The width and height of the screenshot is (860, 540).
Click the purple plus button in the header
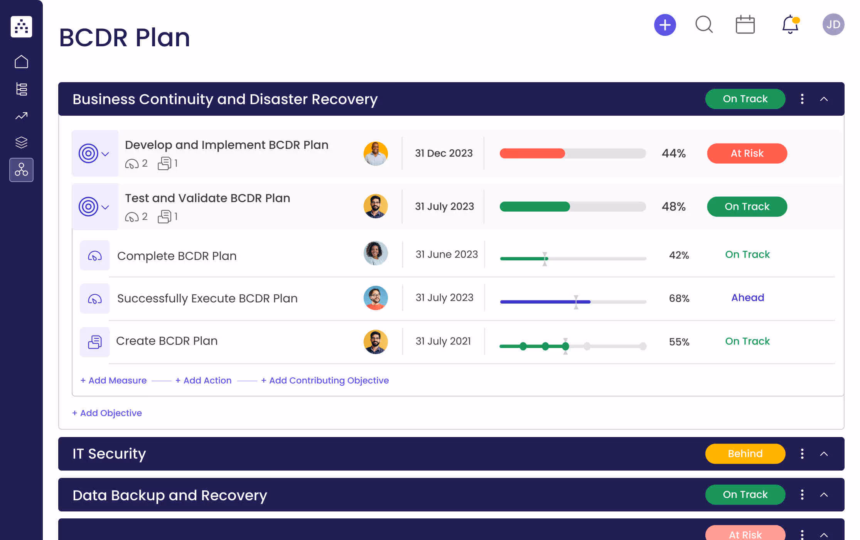pos(665,25)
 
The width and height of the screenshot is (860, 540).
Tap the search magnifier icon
pos(704,25)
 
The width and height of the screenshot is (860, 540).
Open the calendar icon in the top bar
pos(745,25)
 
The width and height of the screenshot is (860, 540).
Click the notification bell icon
pos(790,25)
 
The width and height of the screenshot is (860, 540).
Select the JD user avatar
pos(833,25)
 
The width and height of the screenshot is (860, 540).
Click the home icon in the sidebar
pos(21,62)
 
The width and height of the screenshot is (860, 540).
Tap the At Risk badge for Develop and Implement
pos(747,154)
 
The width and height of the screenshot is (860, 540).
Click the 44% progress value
pos(673,154)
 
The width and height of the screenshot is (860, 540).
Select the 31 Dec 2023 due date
pos(443,154)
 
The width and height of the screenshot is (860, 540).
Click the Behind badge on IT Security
pos(745,454)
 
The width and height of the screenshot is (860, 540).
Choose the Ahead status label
pos(747,298)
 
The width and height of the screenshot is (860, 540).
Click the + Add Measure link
pos(113,381)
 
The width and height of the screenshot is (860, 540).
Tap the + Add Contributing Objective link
pos(325,381)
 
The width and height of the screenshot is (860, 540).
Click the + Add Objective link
pos(107,413)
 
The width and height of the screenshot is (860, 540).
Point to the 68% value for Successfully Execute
pos(679,299)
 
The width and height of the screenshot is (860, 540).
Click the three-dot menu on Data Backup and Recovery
pos(802,495)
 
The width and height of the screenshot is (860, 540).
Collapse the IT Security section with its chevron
pos(824,454)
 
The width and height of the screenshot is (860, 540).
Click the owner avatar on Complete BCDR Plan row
pos(375,253)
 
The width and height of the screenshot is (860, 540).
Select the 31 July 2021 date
pos(443,341)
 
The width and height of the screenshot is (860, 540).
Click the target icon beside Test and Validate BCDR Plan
pos(88,207)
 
